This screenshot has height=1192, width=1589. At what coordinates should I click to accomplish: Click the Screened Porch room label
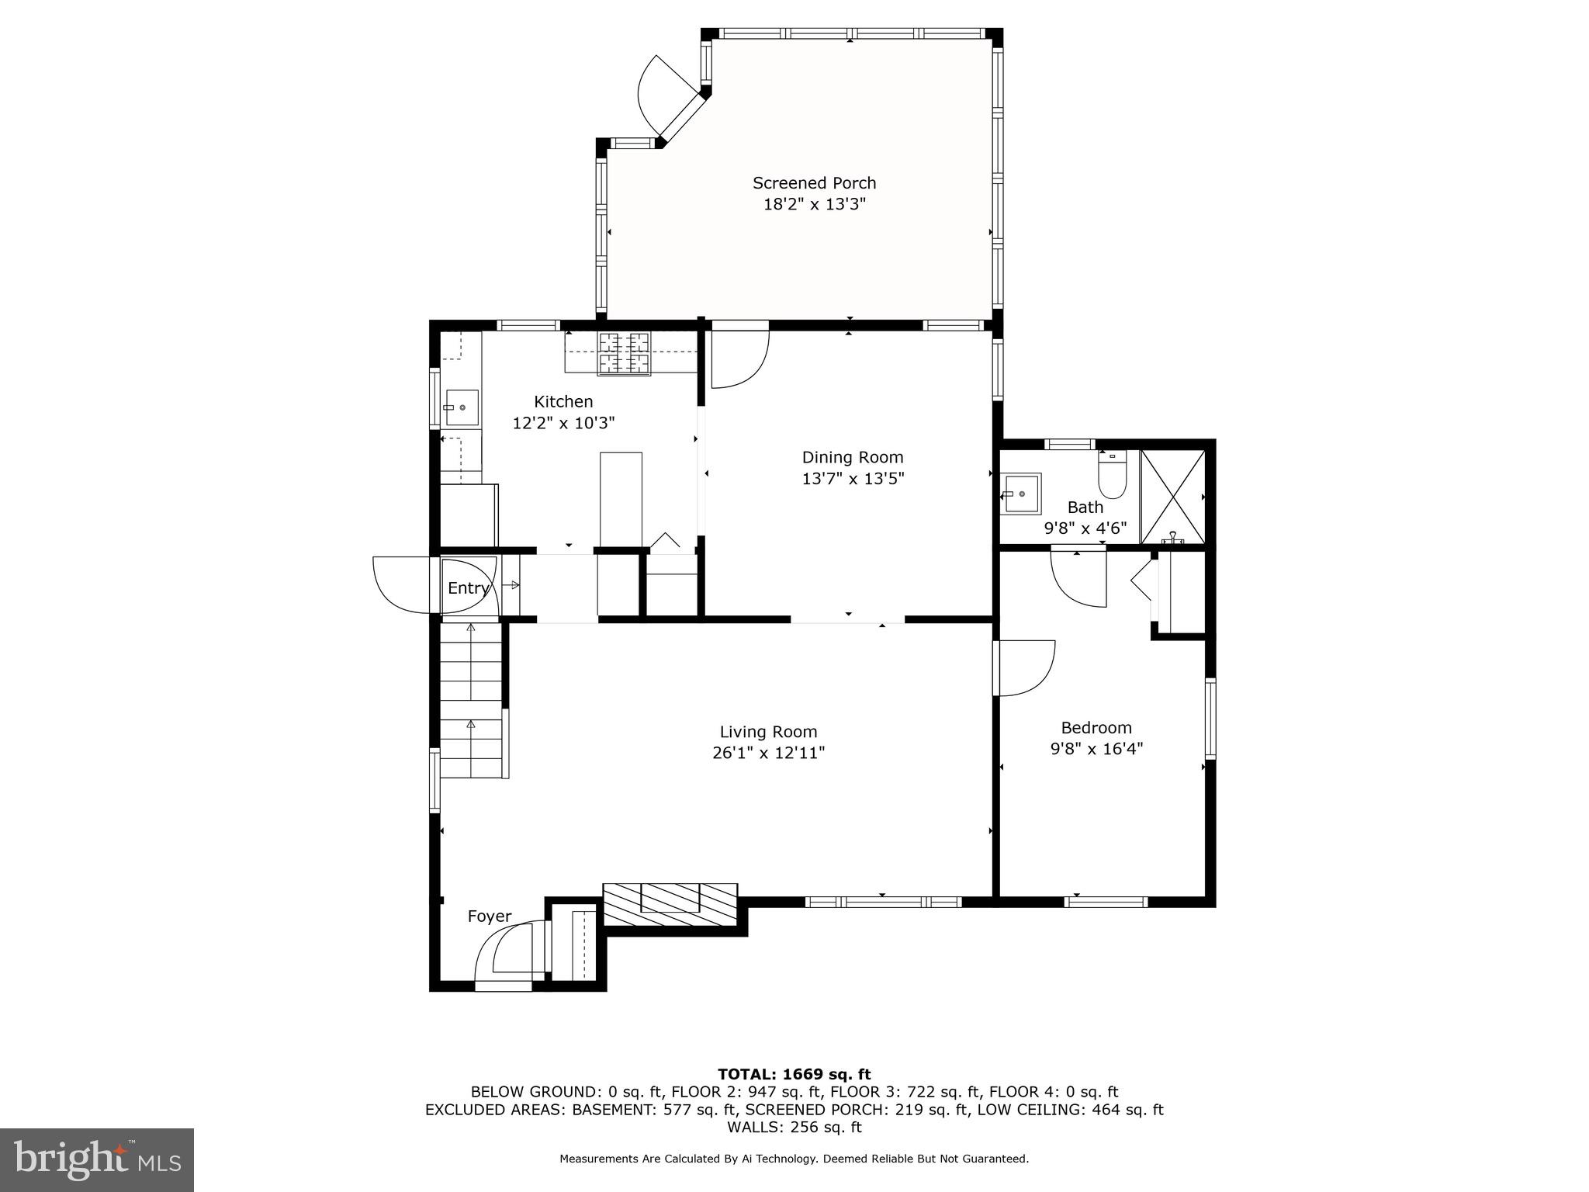coord(814,183)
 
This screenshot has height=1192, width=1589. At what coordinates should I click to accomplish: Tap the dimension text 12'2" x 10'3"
coord(563,423)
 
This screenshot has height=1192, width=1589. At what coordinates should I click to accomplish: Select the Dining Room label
coord(853,457)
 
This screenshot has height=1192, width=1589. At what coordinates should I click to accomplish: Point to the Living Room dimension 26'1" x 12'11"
coord(768,753)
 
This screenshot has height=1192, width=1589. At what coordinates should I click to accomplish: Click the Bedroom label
coord(1096,728)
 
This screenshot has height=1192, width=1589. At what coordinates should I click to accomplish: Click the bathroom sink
coord(1020,494)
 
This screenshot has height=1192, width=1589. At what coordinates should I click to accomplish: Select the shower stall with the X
coord(1172,496)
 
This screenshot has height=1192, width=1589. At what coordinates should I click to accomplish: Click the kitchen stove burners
coord(624,354)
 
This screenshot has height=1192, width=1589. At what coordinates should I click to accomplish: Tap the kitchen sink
coord(462,407)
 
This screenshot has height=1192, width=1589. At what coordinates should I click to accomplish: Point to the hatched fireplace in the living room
coord(670,904)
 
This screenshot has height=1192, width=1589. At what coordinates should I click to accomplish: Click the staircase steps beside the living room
coord(471,698)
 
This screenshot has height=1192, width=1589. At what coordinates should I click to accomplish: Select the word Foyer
coord(489,917)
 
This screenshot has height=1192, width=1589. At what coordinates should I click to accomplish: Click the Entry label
coord(468,588)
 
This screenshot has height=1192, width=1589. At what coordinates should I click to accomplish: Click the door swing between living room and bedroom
coord(1026,667)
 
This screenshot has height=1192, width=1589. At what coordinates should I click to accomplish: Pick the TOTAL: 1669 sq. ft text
coord(794,1074)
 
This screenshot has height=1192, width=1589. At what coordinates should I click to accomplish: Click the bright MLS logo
coord(97,1159)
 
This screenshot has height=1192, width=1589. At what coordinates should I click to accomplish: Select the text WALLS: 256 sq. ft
coord(794,1127)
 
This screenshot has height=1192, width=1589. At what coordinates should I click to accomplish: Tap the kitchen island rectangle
coord(621,501)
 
